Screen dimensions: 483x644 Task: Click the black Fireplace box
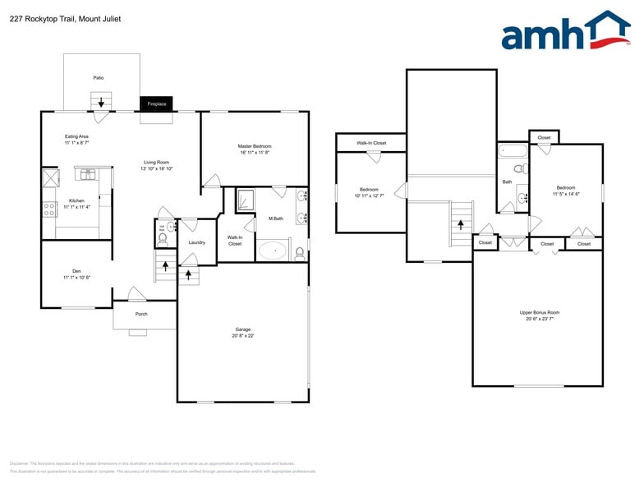[x=156, y=104]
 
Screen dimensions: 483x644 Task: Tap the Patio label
[x=98, y=78]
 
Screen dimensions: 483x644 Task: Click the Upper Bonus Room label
[x=539, y=313]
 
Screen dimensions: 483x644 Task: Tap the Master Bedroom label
[x=255, y=146]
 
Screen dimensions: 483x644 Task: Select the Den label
[x=76, y=271]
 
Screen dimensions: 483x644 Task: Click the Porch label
[x=141, y=314]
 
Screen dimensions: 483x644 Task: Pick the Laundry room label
[x=196, y=242]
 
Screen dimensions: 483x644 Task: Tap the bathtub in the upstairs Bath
[x=513, y=151]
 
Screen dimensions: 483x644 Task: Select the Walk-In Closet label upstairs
[x=370, y=143]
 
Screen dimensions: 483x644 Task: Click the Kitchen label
[x=76, y=201]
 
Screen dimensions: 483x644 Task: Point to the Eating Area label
[x=76, y=136]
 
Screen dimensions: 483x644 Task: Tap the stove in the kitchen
[x=49, y=209]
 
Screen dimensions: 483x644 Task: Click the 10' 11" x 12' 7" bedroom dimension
[x=369, y=195]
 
